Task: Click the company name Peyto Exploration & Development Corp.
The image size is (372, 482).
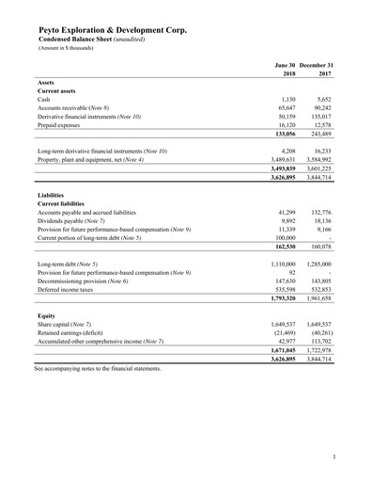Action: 112,30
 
